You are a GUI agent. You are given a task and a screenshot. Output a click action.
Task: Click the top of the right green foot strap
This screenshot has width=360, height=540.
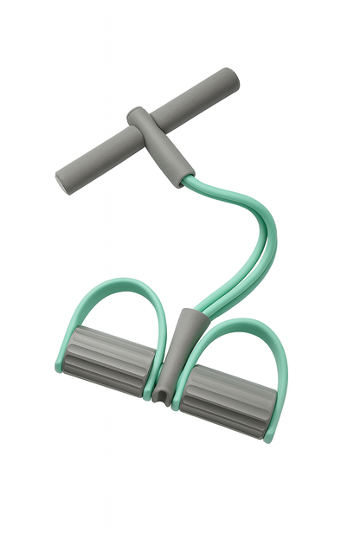click(238, 325)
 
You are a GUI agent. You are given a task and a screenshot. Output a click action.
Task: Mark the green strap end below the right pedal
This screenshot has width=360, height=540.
click(267, 433)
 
